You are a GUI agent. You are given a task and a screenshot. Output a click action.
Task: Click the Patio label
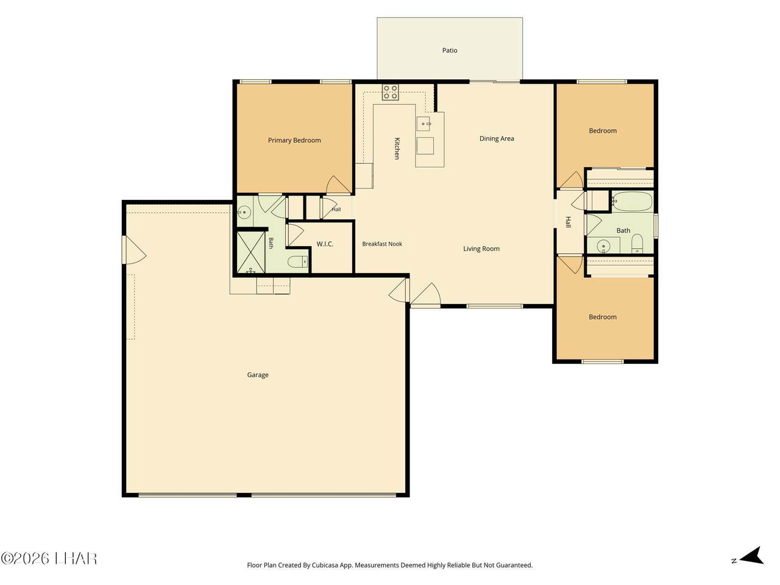tap(450, 51)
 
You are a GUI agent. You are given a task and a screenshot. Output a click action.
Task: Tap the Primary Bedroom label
tap(294, 140)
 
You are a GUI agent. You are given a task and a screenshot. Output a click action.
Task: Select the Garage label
tap(258, 375)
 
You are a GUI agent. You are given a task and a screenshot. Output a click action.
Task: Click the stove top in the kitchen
tap(390, 92)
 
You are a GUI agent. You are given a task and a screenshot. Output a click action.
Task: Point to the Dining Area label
tap(497, 138)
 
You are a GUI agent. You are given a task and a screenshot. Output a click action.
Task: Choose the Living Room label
tap(481, 249)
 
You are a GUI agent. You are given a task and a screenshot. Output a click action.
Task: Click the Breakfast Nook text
tap(382, 244)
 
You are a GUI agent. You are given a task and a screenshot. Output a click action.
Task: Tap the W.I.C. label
tap(325, 244)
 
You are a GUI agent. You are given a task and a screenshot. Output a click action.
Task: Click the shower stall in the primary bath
tap(251, 252)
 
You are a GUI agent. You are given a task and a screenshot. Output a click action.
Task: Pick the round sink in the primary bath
tap(244, 213)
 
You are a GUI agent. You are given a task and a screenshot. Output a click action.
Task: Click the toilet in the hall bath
tap(637, 243)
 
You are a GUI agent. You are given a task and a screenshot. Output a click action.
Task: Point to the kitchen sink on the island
tap(424, 124)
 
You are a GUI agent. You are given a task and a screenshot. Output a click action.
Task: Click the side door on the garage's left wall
tap(134, 250)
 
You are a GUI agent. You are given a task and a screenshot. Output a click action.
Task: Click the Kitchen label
tap(397, 149)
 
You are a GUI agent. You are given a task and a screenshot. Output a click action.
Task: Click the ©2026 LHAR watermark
tap(49, 559)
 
